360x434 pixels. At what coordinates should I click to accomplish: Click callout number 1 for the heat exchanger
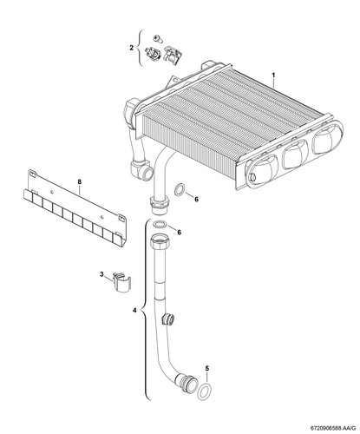point(273,75)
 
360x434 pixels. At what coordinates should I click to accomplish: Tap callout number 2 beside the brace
point(132,48)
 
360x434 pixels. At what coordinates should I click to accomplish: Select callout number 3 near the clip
point(101,274)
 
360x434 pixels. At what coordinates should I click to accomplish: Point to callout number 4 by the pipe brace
point(134,311)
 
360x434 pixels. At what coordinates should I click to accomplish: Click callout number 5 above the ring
point(206,368)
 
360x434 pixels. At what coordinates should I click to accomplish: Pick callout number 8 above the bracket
point(80,181)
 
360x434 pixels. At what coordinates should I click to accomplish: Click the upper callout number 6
point(197,200)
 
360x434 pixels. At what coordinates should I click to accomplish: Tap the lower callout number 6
point(180,233)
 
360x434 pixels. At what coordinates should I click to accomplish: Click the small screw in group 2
point(158,36)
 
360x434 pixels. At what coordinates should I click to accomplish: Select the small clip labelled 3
point(121,282)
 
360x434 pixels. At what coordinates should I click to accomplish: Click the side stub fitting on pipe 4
point(168,319)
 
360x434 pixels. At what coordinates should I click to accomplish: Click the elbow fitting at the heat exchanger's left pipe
point(141,169)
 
